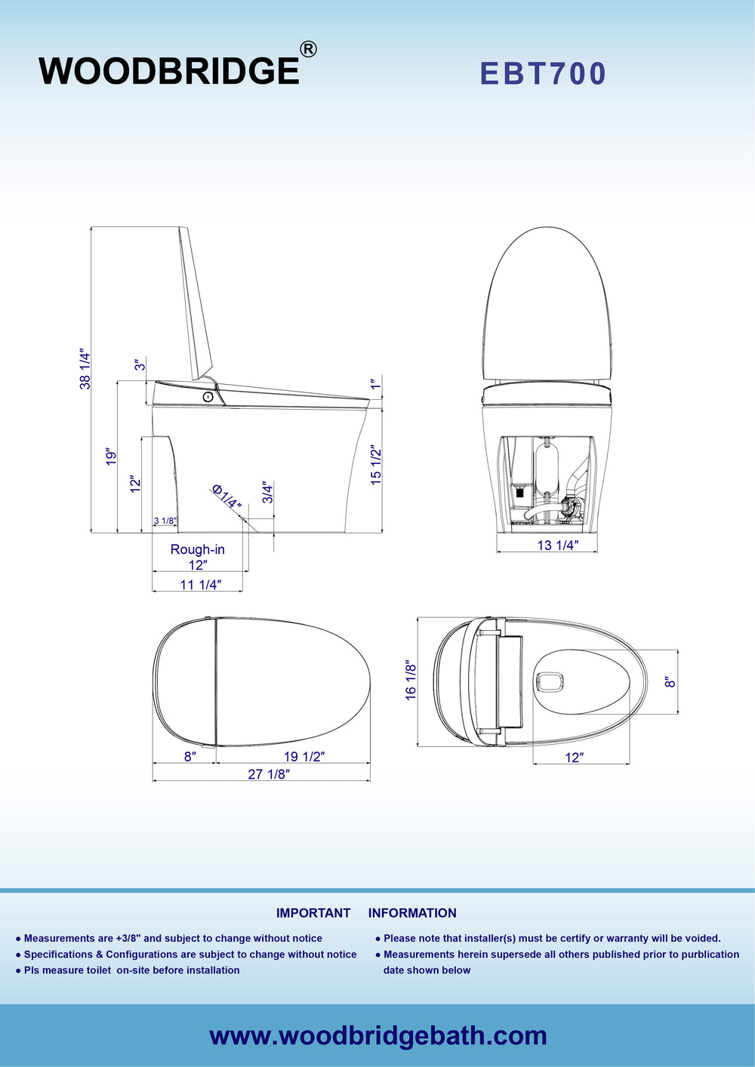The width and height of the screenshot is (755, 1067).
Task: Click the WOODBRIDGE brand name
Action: tap(168, 71)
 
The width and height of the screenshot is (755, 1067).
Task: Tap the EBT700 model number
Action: tap(543, 73)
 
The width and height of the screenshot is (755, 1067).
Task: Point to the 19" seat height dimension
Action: tap(110, 457)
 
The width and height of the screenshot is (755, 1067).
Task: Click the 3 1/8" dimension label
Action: tap(165, 521)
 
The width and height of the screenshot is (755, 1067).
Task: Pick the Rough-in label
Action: tap(197, 549)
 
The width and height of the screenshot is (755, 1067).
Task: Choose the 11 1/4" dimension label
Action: tap(201, 585)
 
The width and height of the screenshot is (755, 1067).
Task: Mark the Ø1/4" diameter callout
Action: tap(226, 497)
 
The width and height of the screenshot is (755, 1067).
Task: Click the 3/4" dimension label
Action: tap(268, 493)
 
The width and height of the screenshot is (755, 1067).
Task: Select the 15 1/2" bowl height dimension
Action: tap(376, 465)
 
